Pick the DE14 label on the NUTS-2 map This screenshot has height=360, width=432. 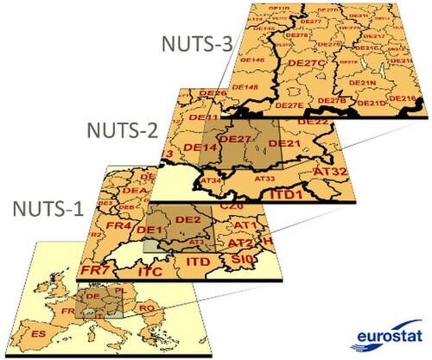(x=200, y=148)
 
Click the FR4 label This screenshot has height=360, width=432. (x=118, y=227)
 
